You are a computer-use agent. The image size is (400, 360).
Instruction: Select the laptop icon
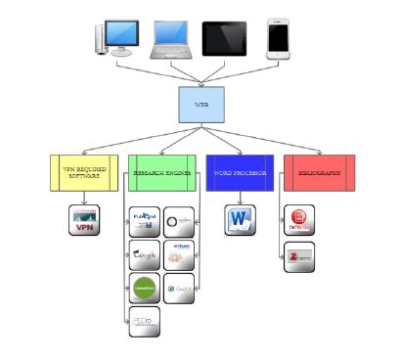point(172,40)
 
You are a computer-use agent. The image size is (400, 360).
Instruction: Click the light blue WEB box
point(201,106)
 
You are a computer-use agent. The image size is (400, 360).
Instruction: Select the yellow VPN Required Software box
point(83,173)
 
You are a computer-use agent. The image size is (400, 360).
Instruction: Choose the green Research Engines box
point(162,173)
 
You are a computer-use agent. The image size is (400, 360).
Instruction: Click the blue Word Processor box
point(240,173)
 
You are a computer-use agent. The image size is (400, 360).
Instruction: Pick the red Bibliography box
point(319,173)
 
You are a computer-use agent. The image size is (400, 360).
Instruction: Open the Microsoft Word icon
point(240,220)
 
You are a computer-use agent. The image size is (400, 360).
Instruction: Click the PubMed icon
point(145,221)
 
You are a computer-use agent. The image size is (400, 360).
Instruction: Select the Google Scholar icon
point(145,255)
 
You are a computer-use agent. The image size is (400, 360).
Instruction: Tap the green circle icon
point(145,289)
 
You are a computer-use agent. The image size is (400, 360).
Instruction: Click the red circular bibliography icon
point(299,220)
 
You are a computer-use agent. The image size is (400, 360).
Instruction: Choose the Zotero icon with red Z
point(299,255)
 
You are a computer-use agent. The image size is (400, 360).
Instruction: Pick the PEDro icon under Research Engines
point(145,322)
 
